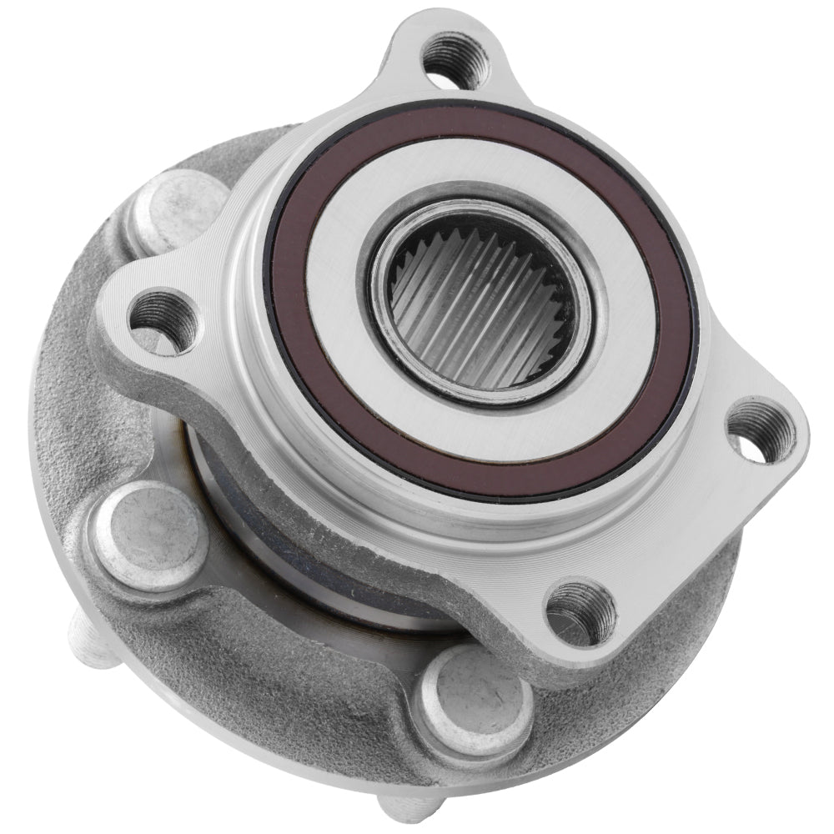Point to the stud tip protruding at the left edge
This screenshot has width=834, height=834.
pyautogui.click(x=88, y=643)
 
